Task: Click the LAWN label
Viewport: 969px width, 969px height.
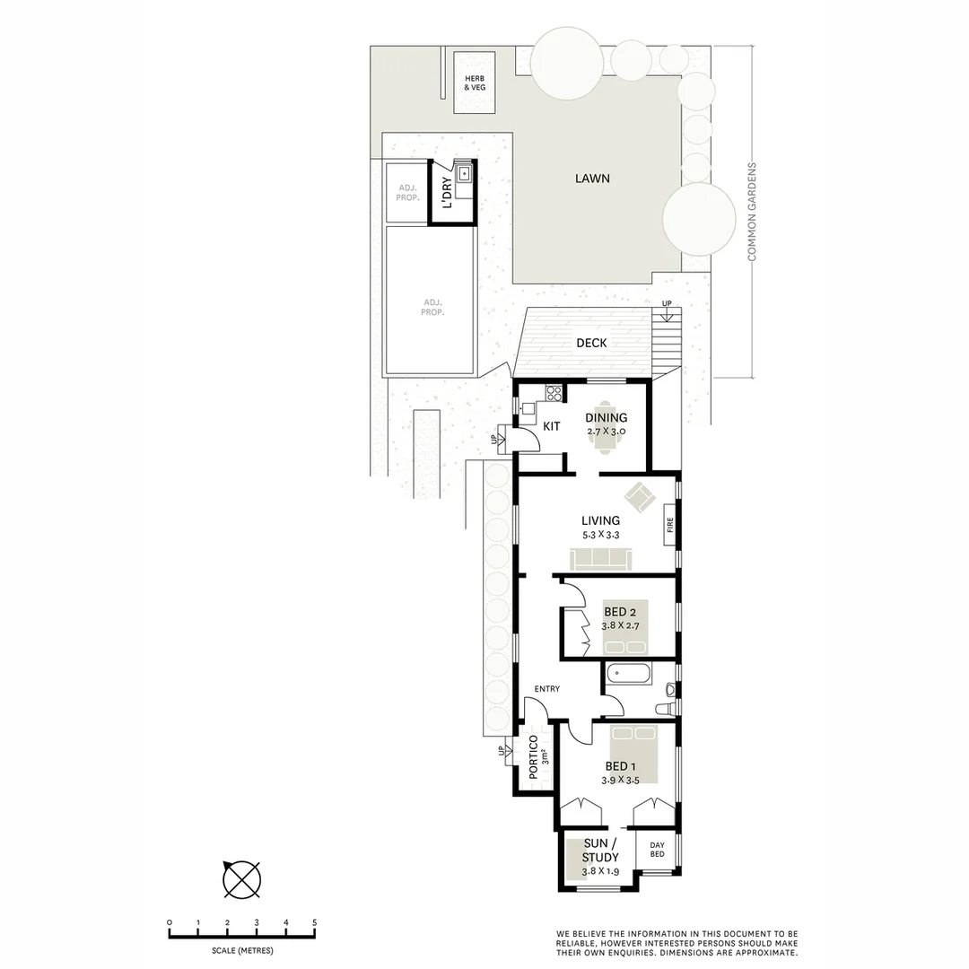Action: (x=592, y=179)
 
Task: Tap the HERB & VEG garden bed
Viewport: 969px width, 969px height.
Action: (x=474, y=83)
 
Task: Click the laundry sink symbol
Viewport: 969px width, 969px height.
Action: (x=464, y=174)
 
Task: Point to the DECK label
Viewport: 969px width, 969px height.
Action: (x=591, y=343)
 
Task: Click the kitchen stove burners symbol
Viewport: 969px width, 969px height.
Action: (x=554, y=393)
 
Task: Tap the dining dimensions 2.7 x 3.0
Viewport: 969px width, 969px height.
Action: (x=606, y=432)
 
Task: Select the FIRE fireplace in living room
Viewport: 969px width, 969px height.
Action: (x=669, y=525)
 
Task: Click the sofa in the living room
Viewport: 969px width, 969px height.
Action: (x=601, y=558)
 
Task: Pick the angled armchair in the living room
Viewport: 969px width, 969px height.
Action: (x=642, y=497)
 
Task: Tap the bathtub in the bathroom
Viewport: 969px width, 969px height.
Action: (x=629, y=676)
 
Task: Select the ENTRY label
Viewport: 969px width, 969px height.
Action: (x=546, y=689)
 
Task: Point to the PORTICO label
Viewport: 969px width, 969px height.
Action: (x=533, y=755)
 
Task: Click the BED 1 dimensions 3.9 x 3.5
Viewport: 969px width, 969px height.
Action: (x=620, y=781)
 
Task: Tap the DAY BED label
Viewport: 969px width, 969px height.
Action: (x=657, y=850)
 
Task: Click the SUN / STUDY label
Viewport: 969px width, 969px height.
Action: (x=600, y=851)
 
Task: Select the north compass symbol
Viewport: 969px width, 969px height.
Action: (x=241, y=878)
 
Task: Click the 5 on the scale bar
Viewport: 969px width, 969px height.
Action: (x=314, y=922)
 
